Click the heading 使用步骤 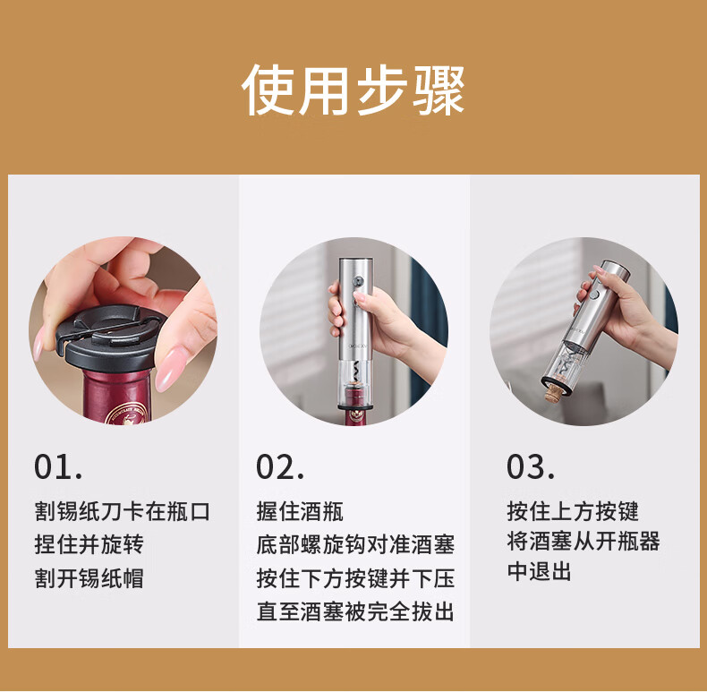(353, 90)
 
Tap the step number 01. (58, 466)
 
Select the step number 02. (280, 466)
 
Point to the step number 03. (530, 466)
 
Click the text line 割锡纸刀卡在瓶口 (123, 511)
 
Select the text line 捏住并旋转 (89, 544)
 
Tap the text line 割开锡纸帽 (89, 578)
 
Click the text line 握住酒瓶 (300, 511)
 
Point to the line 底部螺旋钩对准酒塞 (355, 544)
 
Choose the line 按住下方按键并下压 (355, 578)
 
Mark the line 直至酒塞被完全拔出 (355, 611)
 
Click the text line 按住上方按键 (573, 511)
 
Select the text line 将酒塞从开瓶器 (583, 541)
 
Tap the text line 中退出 (540, 570)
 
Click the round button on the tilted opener (594, 295)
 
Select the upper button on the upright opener (359, 281)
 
